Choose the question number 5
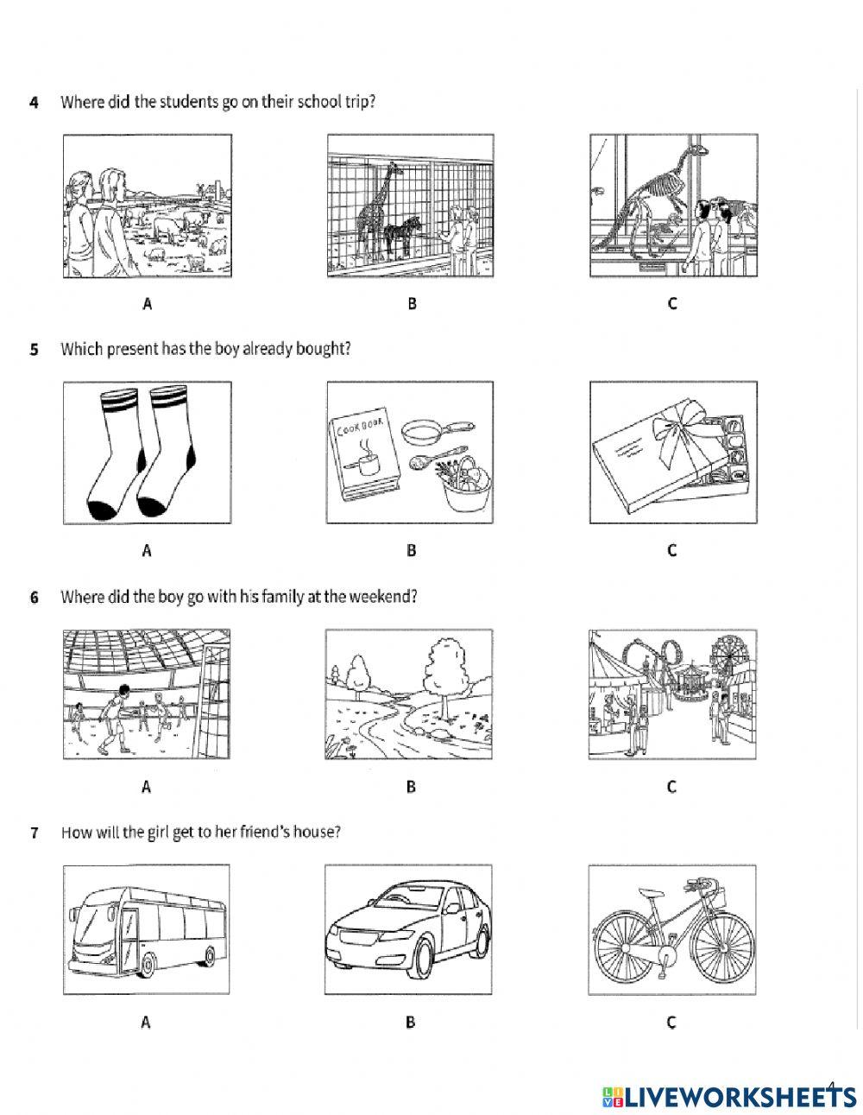tap(35, 350)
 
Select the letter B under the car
tap(411, 1023)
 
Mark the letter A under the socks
tap(146, 550)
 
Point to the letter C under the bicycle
tap(671, 1023)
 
